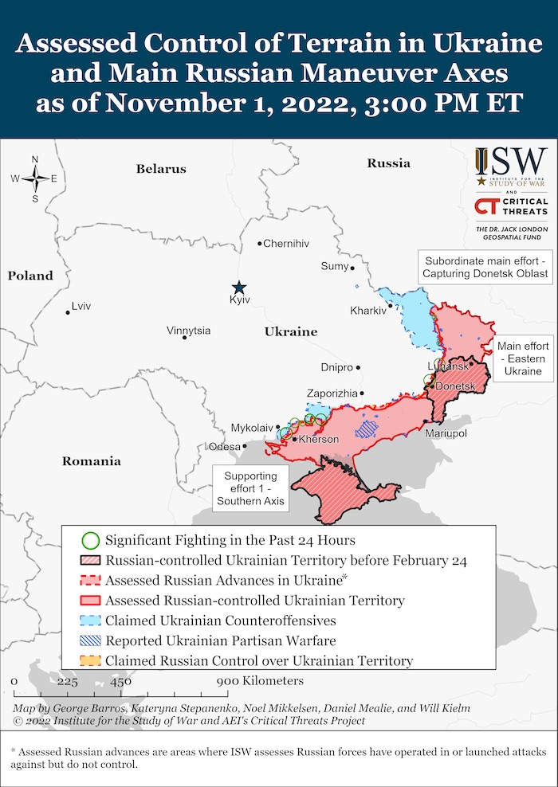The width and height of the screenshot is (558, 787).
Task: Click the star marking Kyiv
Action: (x=238, y=288)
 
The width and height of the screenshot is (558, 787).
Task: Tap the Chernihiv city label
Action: (x=285, y=244)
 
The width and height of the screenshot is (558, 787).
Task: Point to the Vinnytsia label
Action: (x=189, y=331)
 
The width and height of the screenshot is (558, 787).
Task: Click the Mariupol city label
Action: (x=446, y=433)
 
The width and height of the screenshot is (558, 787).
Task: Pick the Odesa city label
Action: (x=224, y=447)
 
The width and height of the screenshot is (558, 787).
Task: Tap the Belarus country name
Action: (x=160, y=169)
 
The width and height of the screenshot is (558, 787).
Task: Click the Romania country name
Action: (x=92, y=461)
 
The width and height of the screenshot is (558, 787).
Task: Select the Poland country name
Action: (x=30, y=276)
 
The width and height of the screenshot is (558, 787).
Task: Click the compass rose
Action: (x=35, y=178)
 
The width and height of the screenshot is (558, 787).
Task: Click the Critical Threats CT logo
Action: (x=485, y=207)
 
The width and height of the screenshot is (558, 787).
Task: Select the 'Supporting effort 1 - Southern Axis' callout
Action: (x=251, y=487)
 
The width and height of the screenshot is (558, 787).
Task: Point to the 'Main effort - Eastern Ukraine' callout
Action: (x=523, y=359)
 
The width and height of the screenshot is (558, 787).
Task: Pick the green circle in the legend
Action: (x=91, y=539)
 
